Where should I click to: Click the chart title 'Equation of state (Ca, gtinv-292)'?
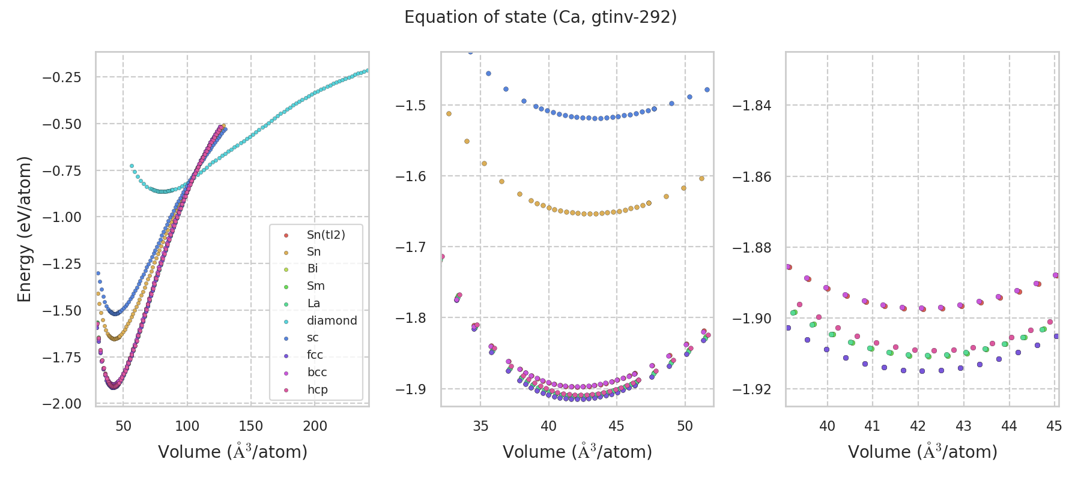[x=540, y=17]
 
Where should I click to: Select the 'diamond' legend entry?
[x=332, y=321]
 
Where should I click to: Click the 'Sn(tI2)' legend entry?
[x=326, y=235]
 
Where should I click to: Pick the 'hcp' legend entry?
[x=317, y=390]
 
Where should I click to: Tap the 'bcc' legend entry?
[x=316, y=373]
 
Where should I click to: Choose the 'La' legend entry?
[x=313, y=304]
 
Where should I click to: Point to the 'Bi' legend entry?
[x=312, y=269]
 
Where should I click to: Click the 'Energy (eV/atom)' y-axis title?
[x=24, y=229]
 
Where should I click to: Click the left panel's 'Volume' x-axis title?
[x=232, y=452]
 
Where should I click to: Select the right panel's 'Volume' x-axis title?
[x=922, y=452]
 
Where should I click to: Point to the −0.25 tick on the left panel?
[x=62, y=77]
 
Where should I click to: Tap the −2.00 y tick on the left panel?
[x=62, y=404]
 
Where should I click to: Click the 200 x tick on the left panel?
[x=315, y=427]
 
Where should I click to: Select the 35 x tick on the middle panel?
[x=480, y=427]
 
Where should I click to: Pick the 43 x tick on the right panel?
[x=963, y=427]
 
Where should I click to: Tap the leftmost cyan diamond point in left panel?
[x=132, y=166]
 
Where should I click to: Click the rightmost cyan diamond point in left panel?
[x=368, y=70]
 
